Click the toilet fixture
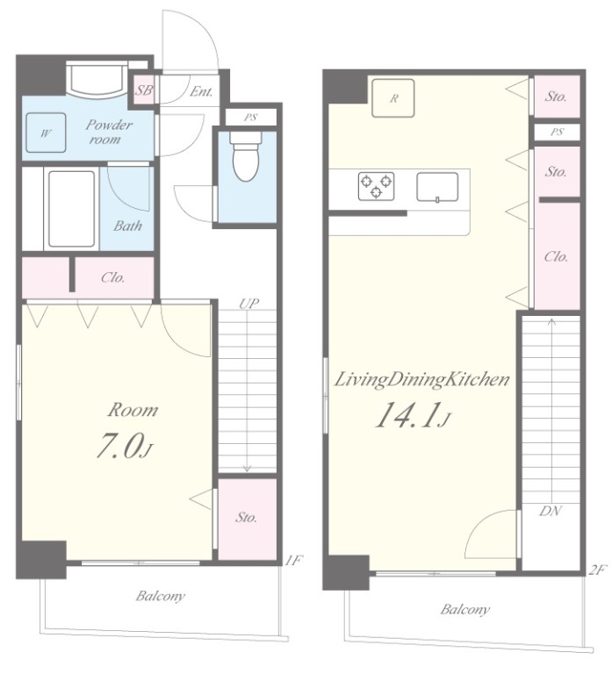click(x=246, y=155)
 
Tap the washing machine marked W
click(x=46, y=133)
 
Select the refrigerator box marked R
click(x=393, y=98)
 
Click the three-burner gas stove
click(x=377, y=186)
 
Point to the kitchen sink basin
click(x=437, y=188)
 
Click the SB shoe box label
click(x=144, y=90)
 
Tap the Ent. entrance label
click(x=201, y=91)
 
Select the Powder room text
click(x=106, y=132)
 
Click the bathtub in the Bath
click(x=71, y=210)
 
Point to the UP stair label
click(x=249, y=304)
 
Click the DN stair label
click(x=551, y=511)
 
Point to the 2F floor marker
click(x=597, y=570)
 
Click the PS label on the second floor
click(x=557, y=132)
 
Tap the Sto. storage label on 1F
click(x=246, y=517)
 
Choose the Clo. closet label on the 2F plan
click(x=556, y=257)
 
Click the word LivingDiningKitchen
click(x=422, y=380)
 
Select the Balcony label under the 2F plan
click(x=464, y=610)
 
